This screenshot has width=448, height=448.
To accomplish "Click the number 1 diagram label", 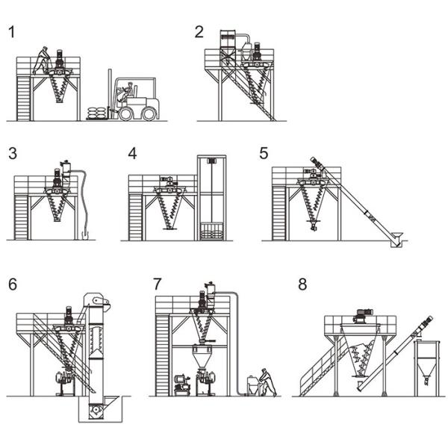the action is (12, 32).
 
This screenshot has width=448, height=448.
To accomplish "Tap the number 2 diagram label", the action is (199, 31).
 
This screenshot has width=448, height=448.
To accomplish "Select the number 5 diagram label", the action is (264, 153).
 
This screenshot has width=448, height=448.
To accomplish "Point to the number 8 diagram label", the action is (302, 284).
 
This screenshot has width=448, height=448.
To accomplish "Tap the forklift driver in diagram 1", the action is (126, 92).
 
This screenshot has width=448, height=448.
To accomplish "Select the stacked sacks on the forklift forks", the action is (97, 113).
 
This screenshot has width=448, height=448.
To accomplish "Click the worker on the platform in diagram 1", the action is (42, 60).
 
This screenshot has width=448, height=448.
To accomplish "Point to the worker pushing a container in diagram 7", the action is (268, 382).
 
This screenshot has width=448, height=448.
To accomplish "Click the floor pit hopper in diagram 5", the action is (396, 239).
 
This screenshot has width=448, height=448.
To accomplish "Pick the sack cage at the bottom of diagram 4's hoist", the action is (211, 231).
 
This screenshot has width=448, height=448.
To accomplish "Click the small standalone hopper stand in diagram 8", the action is (427, 368).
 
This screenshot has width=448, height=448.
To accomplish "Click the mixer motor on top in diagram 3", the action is (57, 177).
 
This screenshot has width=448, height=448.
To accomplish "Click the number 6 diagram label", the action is (13, 284).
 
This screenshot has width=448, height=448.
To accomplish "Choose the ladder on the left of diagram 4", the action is (135, 217).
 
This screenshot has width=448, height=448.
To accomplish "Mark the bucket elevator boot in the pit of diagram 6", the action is (96, 410).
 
